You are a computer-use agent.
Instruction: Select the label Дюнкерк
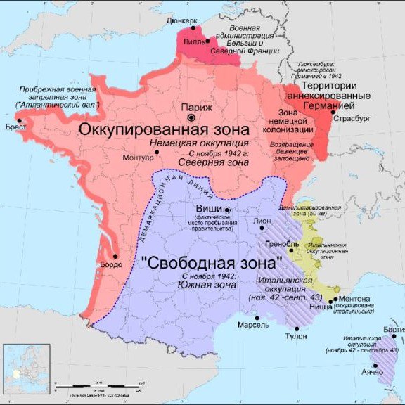click(x=182, y=20)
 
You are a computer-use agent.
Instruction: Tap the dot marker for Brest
click(x=22, y=121)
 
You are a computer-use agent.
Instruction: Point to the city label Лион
click(x=261, y=220)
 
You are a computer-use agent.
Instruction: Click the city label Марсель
click(x=254, y=326)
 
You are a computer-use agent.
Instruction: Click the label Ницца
click(x=323, y=307)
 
